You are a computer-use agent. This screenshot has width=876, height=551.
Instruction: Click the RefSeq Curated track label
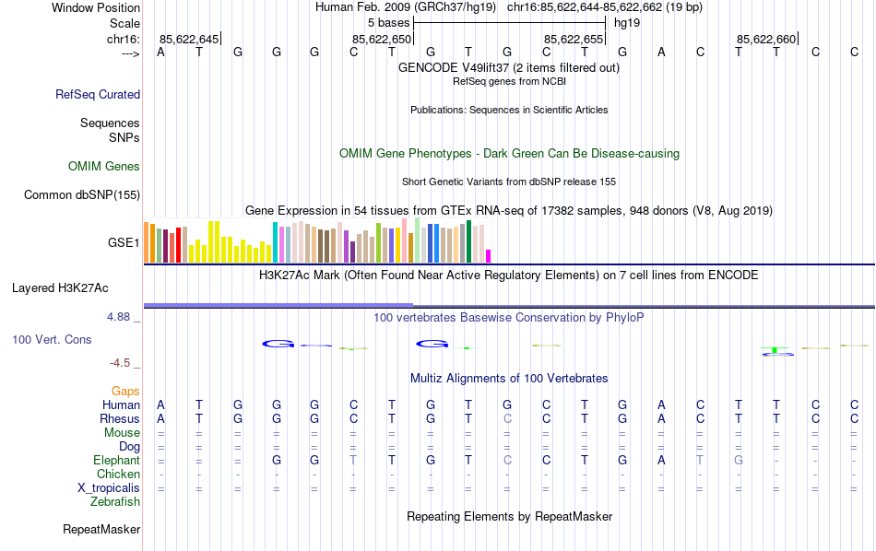(x=98, y=94)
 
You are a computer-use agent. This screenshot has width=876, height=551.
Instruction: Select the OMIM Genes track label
(x=104, y=167)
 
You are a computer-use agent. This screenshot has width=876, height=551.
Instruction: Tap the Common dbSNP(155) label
(x=82, y=194)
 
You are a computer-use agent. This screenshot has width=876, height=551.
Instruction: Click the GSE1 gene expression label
(x=124, y=243)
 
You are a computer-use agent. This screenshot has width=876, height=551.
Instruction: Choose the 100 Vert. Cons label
(x=52, y=340)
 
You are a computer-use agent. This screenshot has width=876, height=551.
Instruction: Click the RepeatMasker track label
(x=101, y=530)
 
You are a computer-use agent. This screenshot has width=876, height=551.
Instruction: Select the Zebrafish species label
(x=115, y=502)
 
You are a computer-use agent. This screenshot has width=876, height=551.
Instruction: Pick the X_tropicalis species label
(x=109, y=488)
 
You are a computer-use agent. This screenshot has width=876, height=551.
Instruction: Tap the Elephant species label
(x=116, y=461)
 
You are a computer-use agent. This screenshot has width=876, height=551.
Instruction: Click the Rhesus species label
(x=119, y=419)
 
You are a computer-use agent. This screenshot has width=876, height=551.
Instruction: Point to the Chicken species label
(x=118, y=475)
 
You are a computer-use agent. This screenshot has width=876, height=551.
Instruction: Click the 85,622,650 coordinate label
(x=382, y=39)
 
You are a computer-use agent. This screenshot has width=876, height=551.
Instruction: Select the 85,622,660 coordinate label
(x=766, y=39)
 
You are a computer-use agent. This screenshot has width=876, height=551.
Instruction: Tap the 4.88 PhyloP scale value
(x=119, y=317)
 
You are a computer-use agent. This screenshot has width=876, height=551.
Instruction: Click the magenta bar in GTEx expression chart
(x=489, y=256)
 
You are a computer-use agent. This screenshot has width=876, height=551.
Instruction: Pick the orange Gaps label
(x=125, y=392)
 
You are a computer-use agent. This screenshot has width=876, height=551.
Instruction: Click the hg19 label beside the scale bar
(x=627, y=22)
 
